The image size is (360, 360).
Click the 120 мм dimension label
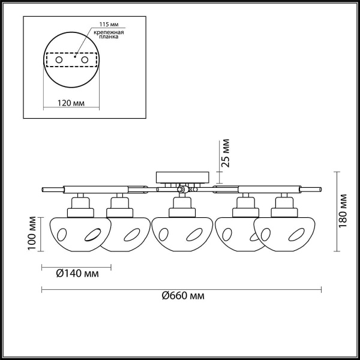tap(71, 103)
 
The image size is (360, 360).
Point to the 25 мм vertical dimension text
tap(225, 154)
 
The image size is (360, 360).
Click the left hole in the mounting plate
tap(59, 61)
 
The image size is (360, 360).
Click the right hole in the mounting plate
tap(85, 61)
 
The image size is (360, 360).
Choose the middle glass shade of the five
tap(181, 233)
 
